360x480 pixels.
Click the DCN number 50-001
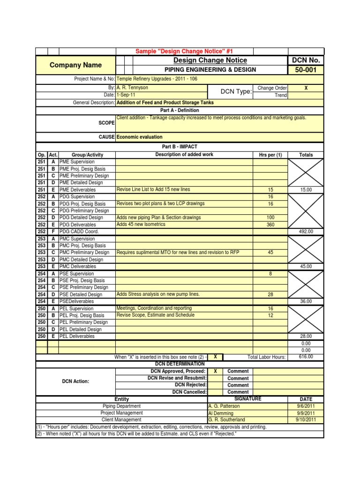306,70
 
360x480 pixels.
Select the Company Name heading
75,65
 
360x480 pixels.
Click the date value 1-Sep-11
127,95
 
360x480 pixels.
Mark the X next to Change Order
306,88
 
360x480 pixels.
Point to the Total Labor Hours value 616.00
306,357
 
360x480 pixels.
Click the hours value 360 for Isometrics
270,225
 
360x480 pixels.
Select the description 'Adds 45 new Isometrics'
141,225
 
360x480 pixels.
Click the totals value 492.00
306,232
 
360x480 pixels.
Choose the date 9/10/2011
306,420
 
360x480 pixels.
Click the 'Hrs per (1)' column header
270,155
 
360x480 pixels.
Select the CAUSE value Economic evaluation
140,137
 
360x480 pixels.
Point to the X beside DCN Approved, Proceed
215,371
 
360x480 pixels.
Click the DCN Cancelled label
189,392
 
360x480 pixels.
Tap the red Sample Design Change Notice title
184,51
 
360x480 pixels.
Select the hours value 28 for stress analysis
270,294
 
